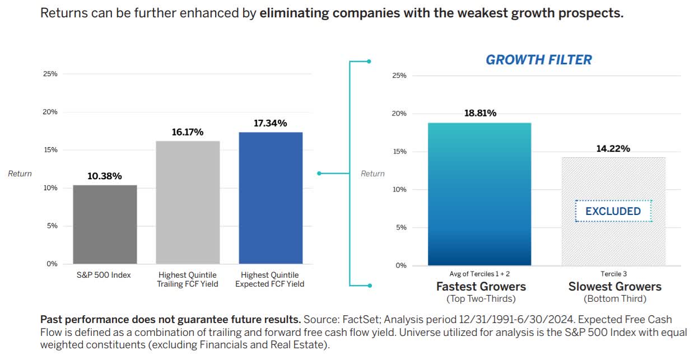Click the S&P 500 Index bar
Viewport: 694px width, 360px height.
pos(105,225)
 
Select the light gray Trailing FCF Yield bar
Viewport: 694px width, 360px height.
pos(188,202)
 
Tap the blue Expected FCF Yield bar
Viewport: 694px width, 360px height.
pos(271,198)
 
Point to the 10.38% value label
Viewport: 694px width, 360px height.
pos(105,176)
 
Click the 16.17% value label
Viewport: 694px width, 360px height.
pos(188,132)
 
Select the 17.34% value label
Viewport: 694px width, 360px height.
pos(270,123)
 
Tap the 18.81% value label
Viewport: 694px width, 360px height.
pos(480,113)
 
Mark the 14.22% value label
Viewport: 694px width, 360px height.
pos(614,148)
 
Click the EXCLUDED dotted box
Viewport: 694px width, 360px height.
pos(613,211)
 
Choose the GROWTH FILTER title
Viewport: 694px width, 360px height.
pos(538,60)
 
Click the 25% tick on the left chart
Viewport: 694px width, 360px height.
pos(50,74)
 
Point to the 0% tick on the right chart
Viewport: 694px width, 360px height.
pos(400,265)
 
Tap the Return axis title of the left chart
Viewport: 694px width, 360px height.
pos(20,174)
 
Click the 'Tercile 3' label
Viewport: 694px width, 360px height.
pos(614,274)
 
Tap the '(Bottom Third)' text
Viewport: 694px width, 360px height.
pos(614,298)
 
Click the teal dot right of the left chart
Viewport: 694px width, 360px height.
pos(319,174)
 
